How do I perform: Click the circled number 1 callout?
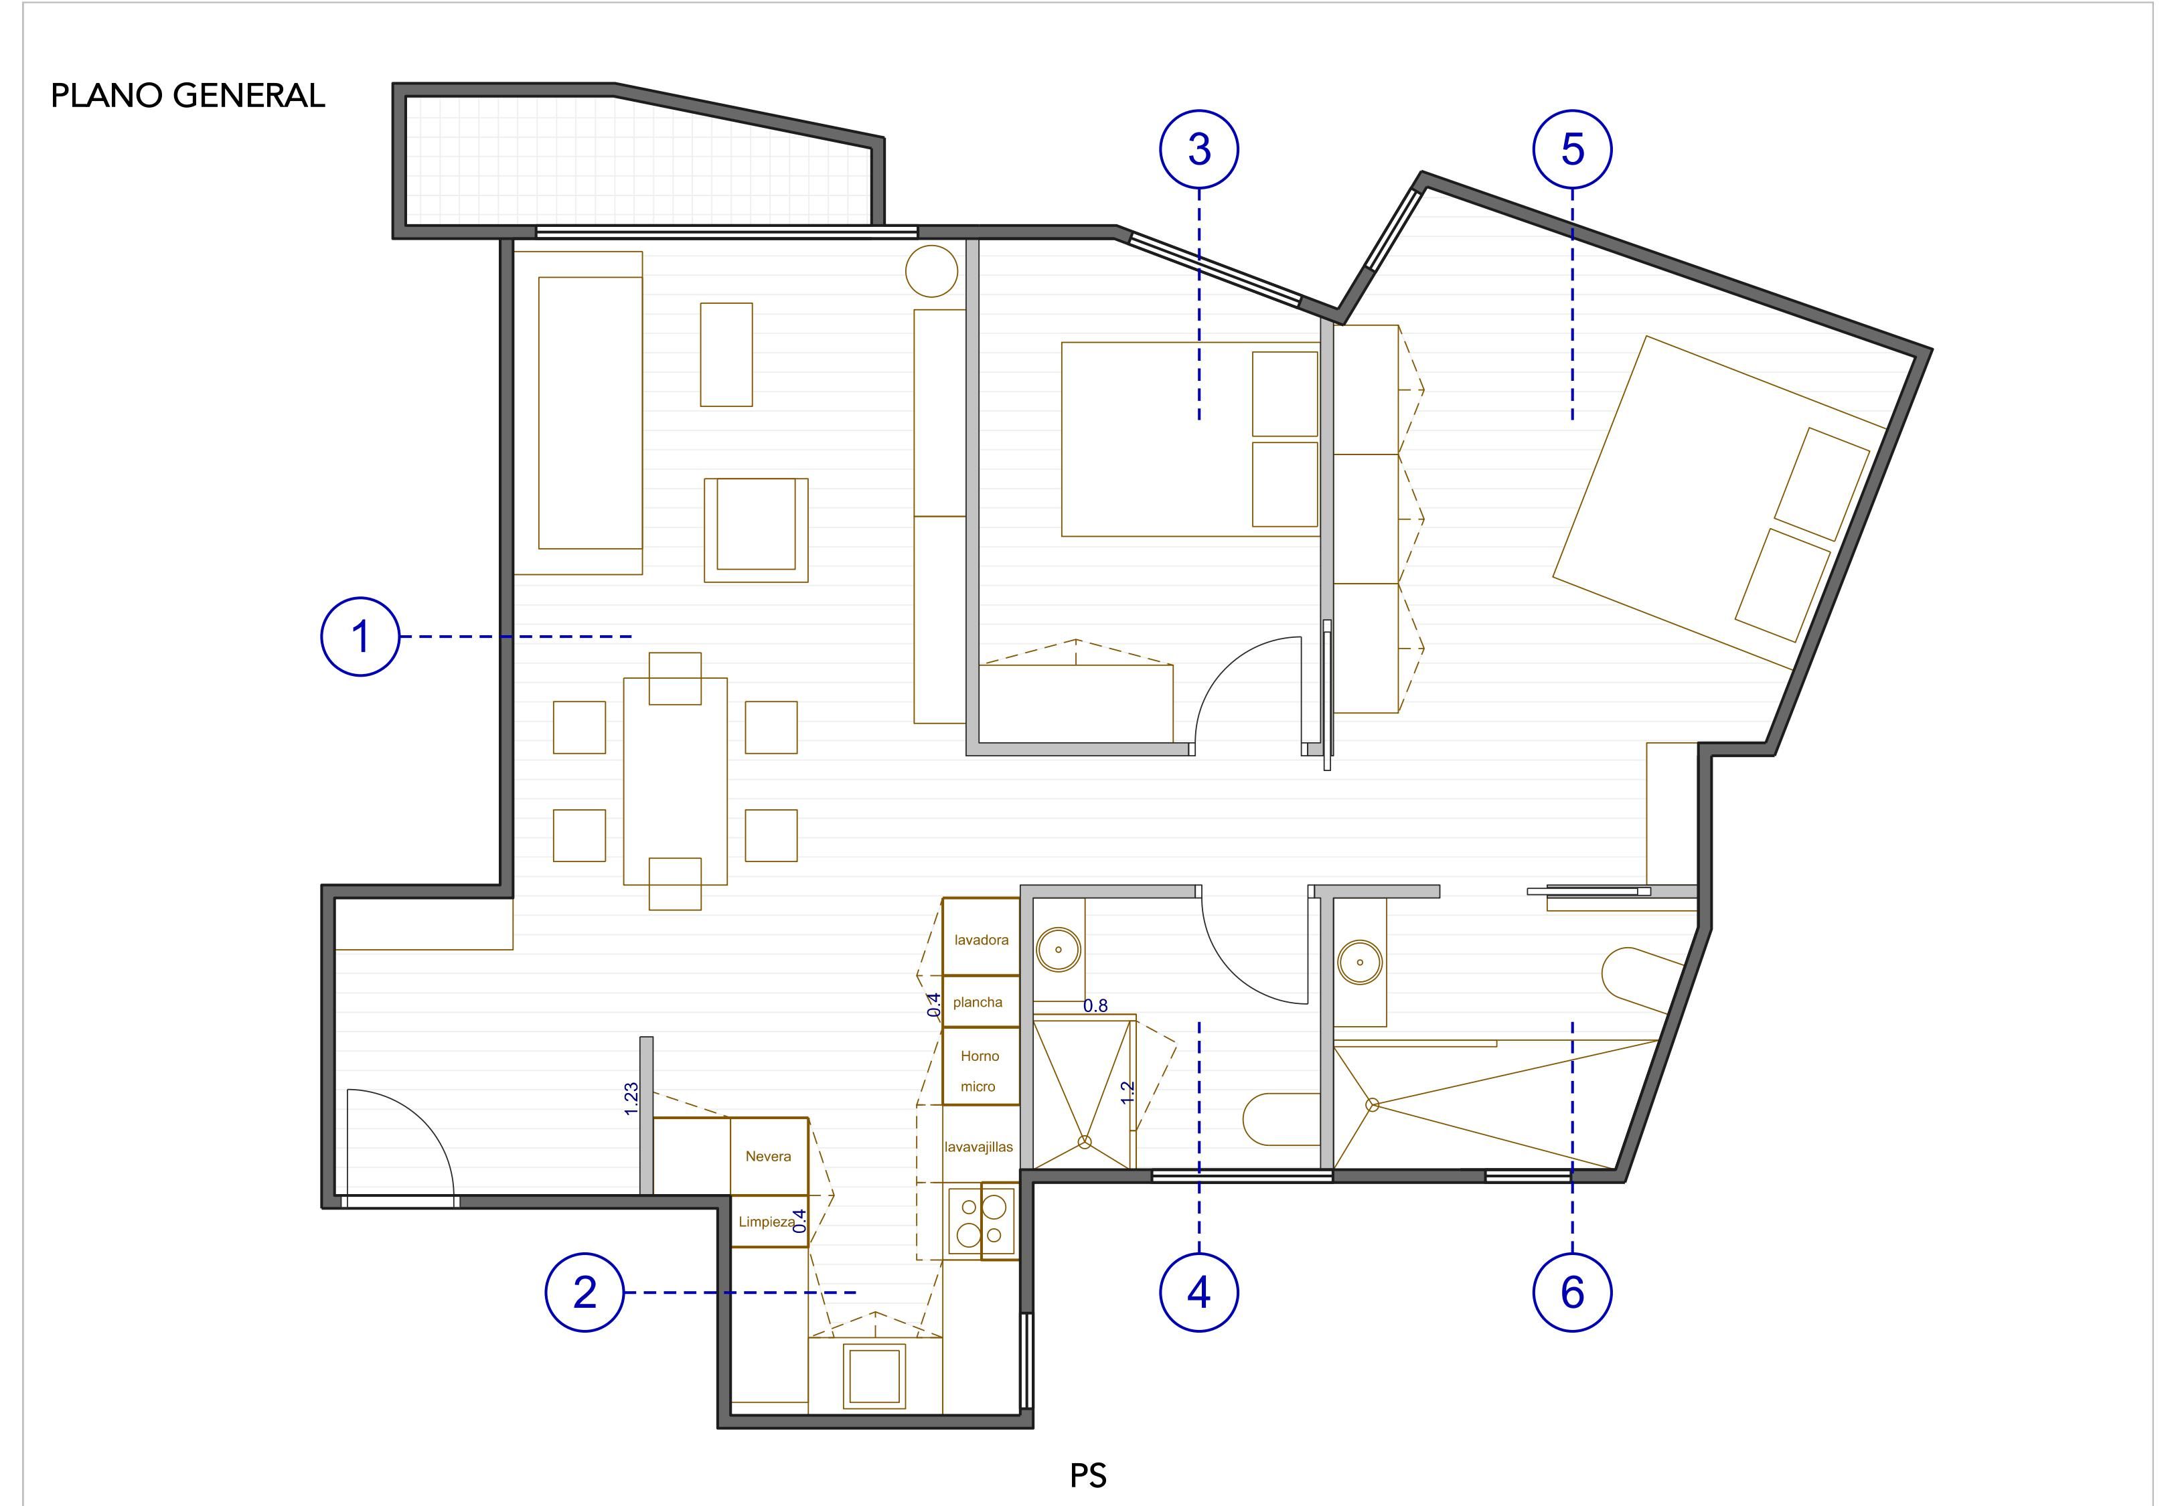click(x=360, y=637)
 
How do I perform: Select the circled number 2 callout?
click(x=585, y=1292)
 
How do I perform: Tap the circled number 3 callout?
click(x=1199, y=149)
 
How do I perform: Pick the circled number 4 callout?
click(x=1199, y=1292)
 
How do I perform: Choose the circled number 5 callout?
click(x=1573, y=149)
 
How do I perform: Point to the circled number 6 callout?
click(x=1573, y=1292)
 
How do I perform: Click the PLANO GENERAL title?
click(x=187, y=95)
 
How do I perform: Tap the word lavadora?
click(x=982, y=940)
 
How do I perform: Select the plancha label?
click(x=978, y=1002)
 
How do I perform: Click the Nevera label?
click(x=768, y=1156)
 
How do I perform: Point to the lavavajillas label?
click(x=979, y=1147)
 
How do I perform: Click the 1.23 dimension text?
click(x=631, y=1098)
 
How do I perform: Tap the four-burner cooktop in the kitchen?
click(x=982, y=1221)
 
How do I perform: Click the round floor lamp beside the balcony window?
click(x=931, y=272)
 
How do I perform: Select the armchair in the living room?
click(x=756, y=529)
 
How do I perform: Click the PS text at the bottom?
click(x=1088, y=1475)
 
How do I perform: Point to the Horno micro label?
click(x=980, y=1071)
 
